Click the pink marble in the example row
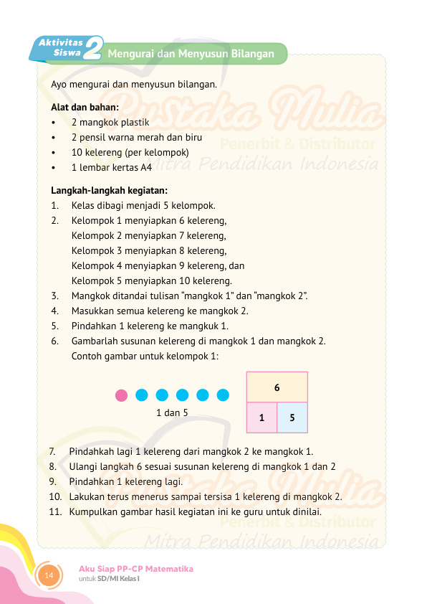122,395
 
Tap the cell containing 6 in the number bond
277,387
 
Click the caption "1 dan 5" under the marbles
172,412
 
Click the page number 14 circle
49,575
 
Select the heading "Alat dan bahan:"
85,108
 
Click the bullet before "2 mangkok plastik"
54,123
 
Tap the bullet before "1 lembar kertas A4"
54,168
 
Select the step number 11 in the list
56,512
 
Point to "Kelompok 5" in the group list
97,280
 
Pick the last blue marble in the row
223,395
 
